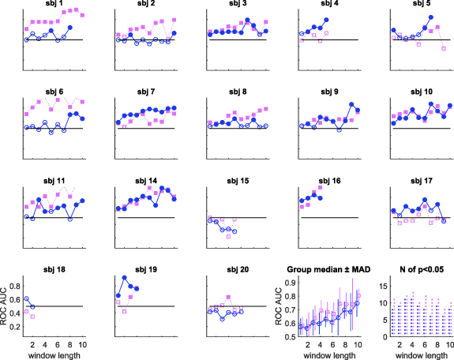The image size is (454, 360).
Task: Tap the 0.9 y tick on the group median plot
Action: (x=291, y=282)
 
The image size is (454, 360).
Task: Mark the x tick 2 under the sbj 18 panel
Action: (x=32, y=344)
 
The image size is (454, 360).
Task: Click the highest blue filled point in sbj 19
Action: (x=124, y=277)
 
